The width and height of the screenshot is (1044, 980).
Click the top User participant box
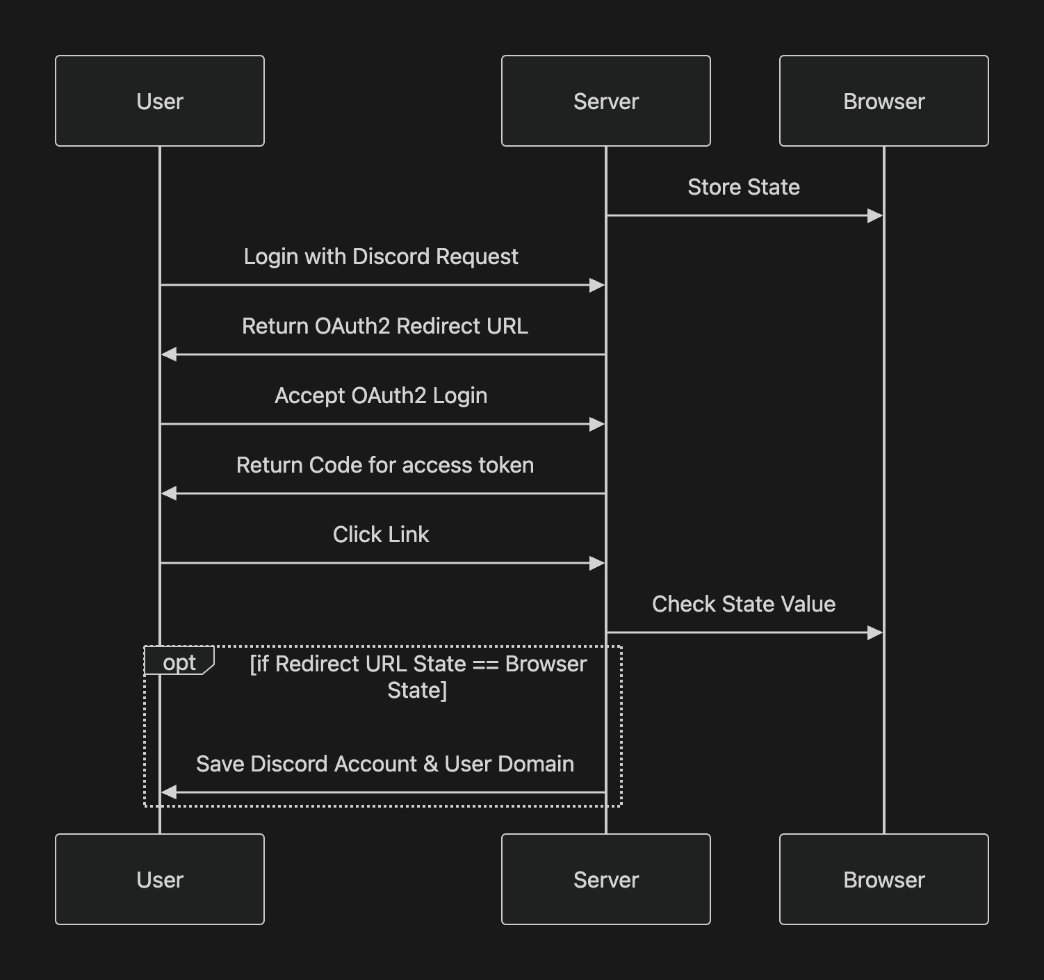160,101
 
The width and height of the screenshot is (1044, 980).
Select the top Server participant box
605,101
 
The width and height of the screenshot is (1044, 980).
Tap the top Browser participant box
883,101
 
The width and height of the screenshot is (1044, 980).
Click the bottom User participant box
160,879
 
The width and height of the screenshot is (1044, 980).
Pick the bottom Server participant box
605,879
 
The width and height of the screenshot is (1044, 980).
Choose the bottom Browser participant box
883,879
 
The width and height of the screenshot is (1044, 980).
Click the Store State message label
744,187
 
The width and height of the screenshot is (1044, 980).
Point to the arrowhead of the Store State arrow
875,215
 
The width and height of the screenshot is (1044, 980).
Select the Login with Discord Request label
381,256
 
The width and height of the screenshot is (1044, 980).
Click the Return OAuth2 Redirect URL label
384,326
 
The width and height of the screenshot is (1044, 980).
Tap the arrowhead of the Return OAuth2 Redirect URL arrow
169,354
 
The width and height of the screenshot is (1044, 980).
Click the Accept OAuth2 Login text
381,395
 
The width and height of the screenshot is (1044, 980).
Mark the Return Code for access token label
384,465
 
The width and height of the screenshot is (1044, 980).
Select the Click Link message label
381,534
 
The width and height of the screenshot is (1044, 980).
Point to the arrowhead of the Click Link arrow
597,563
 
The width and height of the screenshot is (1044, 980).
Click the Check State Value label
744,604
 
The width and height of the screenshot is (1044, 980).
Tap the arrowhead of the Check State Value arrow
875,632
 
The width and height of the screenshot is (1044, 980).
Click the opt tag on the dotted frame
179,662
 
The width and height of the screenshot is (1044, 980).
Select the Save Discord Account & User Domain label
384,764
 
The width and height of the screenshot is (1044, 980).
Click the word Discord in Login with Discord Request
391,256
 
